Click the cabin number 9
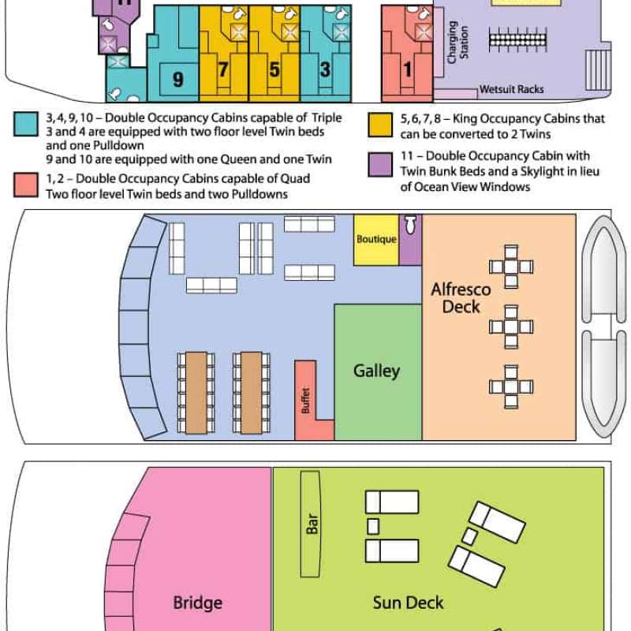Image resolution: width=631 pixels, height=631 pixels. (x=178, y=79)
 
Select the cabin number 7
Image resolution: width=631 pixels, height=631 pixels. (x=223, y=69)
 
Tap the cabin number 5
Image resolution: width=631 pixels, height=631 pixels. (x=274, y=69)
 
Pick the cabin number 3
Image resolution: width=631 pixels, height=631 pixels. (x=325, y=69)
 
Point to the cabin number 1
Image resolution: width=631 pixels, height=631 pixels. (x=407, y=69)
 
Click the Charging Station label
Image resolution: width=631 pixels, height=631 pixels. (x=457, y=43)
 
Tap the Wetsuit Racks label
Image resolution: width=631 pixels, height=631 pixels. (x=511, y=89)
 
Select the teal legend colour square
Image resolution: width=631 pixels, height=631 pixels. (x=26, y=124)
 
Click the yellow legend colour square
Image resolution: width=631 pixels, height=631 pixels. (x=380, y=125)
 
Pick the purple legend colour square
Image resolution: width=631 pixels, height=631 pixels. (x=380, y=165)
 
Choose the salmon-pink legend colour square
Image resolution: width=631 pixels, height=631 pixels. (x=26, y=185)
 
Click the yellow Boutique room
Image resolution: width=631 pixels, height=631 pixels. (x=376, y=240)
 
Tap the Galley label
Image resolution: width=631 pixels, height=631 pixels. (x=377, y=371)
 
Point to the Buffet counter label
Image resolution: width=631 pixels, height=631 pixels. (x=306, y=401)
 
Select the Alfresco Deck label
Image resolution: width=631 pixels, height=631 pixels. (x=461, y=298)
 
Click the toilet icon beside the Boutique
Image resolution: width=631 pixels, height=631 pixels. (x=410, y=225)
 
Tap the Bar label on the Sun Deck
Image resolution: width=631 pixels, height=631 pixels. (x=312, y=524)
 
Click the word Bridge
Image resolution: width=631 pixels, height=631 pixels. (x=198, y=603)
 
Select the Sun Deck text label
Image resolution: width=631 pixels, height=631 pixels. (x=408, y=603)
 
